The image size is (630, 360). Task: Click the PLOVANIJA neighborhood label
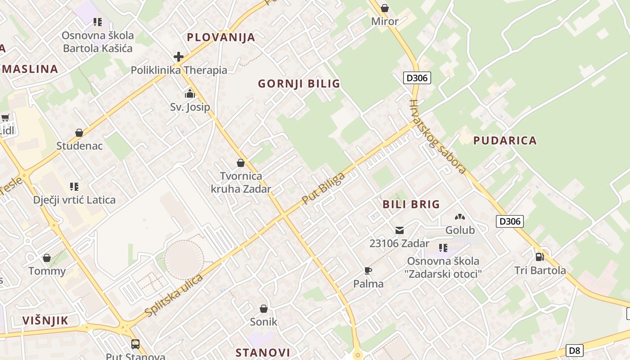tap(221, 37)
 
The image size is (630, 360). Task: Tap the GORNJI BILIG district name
tap(299, 84)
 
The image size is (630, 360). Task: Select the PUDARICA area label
tap(505, 140)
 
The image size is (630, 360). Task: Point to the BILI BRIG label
tap(411, 204)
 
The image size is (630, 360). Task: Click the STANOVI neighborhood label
tap(263, 352)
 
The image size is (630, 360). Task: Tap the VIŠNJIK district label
tap(45, 320)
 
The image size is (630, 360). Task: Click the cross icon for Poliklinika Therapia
tap(179, 57)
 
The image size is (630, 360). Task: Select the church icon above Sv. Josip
tap(190, 94)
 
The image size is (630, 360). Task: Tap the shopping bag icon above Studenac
tap(79, 133)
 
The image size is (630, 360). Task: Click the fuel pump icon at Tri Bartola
tap(540, 256)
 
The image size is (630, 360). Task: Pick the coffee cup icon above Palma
tap(368, 270)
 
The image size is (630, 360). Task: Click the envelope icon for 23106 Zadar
tap(399, 230)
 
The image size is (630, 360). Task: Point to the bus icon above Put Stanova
tap(135, 344)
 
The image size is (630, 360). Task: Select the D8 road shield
tap(574, 350)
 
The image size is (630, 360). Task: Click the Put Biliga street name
tap(323, 189)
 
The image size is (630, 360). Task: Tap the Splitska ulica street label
tap(174, 294)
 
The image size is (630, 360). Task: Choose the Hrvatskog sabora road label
tap(437, 136)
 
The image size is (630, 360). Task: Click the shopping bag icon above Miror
tap(385, 8)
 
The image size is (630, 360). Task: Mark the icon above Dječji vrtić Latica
tap(74, 186)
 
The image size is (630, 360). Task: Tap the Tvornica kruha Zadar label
tap(241, 182)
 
